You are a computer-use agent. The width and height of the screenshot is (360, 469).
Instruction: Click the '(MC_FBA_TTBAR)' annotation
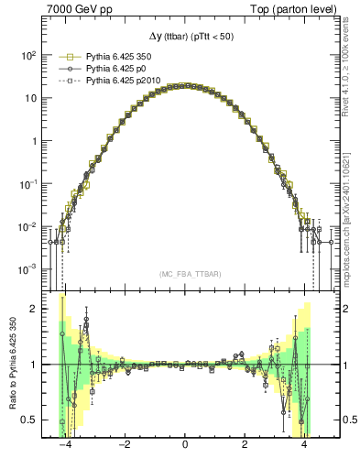(184, 275)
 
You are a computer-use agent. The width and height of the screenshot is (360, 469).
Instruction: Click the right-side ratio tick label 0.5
(339, 420)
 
